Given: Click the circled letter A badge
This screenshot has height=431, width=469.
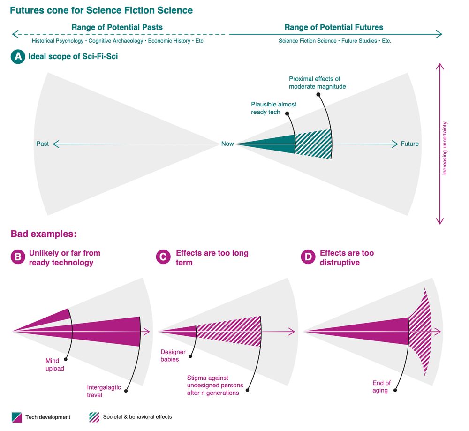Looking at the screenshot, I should point(18,57).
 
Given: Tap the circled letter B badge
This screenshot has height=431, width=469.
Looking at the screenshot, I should point(18,257).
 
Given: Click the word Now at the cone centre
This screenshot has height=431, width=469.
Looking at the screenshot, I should point(227,144).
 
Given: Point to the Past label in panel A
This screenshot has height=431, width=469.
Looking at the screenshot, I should point(42,144).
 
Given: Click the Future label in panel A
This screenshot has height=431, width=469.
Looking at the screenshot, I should point(409,144).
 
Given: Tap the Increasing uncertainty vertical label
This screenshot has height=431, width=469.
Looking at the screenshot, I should point(445,148).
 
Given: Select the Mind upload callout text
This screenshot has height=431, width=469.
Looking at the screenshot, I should point(54,364).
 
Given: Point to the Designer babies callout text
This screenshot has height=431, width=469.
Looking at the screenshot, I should point(173,355).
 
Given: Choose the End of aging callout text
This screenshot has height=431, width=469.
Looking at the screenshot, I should point(381,386).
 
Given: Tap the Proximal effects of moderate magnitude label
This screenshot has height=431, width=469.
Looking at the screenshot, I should point(317,83).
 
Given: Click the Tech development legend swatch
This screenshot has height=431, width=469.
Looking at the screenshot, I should point(16,417).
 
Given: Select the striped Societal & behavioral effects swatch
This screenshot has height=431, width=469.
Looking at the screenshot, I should point(94,417).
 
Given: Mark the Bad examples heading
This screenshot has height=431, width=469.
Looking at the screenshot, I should point(44,234).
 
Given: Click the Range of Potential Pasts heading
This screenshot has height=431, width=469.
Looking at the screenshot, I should point(117,27).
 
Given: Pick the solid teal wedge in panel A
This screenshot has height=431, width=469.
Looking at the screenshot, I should point(272,144).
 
